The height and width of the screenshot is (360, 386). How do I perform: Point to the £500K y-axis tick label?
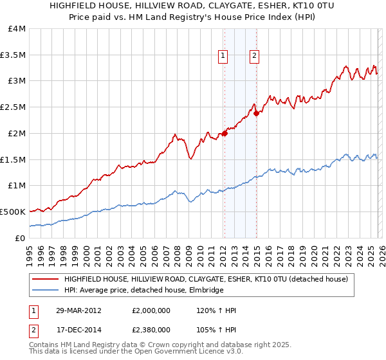tap(13, 212)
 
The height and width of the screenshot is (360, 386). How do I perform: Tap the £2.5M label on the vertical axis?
tap(13, 107)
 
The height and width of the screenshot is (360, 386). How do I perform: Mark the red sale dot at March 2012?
tap(225, 133)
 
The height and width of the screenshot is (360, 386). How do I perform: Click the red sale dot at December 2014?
tap(256, 113)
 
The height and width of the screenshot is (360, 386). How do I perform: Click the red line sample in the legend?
tap(44, 279)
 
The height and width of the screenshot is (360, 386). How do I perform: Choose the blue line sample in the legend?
tap(44, 291)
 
